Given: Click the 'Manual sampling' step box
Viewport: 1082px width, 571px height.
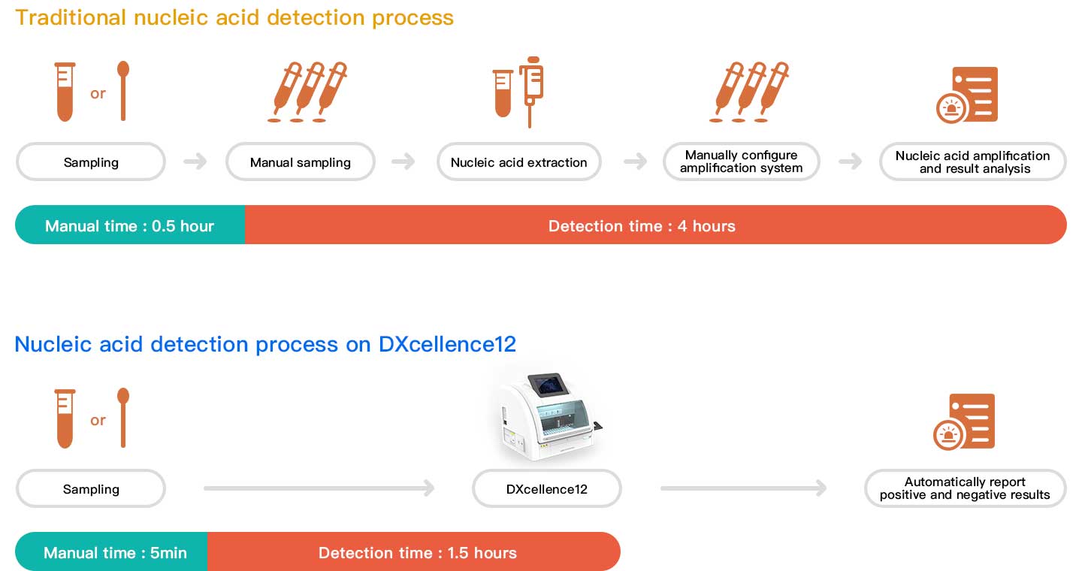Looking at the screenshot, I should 300,162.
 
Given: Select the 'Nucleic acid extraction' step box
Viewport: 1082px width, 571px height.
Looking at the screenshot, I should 518,162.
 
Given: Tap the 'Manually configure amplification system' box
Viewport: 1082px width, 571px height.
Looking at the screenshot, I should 741,162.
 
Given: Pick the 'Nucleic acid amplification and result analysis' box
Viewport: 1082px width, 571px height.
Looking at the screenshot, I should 972,162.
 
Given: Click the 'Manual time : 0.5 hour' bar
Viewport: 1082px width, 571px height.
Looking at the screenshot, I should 130,225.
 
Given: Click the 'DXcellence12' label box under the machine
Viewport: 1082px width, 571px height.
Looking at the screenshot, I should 546,489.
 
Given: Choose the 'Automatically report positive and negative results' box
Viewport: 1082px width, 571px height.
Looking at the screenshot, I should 965,488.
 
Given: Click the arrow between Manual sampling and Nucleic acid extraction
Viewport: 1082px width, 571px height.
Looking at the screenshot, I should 403,162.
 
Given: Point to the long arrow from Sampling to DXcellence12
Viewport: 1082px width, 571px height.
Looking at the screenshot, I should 319,489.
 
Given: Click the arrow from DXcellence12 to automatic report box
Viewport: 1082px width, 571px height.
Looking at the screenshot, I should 743,489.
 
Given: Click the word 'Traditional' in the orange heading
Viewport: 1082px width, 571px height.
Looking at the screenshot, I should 71,17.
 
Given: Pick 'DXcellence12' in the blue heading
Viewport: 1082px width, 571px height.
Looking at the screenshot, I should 447,344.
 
